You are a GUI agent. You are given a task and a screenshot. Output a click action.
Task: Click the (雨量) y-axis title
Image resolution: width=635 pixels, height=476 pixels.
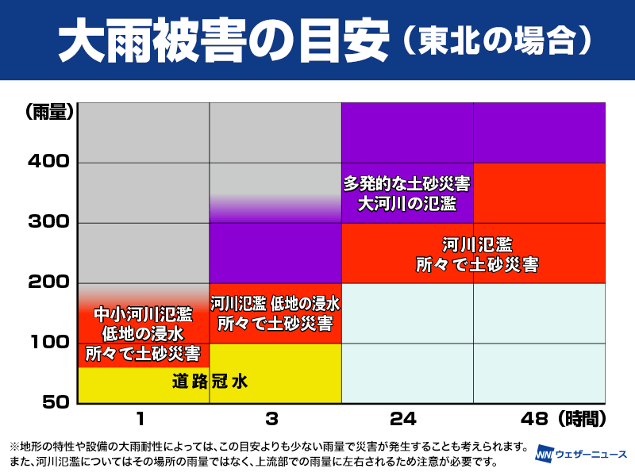coord(50,112)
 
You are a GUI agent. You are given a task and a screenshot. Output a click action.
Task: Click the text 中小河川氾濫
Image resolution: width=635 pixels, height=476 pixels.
coord(143,313)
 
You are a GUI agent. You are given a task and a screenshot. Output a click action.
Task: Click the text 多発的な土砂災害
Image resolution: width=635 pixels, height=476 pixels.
coord(406,184)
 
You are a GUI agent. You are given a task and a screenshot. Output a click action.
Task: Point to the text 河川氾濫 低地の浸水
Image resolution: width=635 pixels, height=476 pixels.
coord(275,303)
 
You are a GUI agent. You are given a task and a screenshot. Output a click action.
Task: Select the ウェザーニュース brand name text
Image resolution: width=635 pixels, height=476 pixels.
coord(591,454)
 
